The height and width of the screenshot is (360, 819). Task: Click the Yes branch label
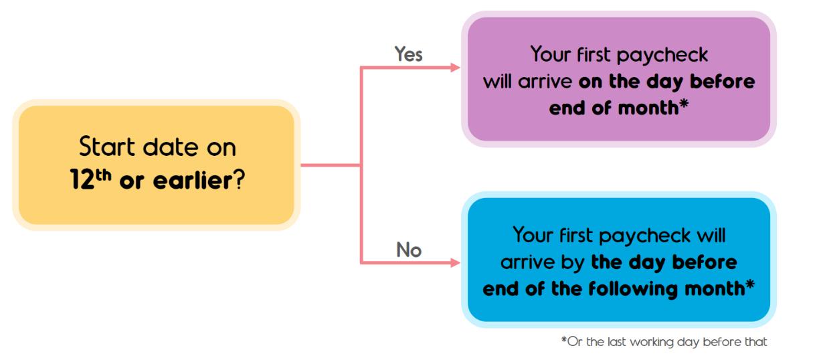408,55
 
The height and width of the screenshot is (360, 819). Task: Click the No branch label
407,250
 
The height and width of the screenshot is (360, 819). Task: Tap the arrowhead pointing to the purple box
456,68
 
